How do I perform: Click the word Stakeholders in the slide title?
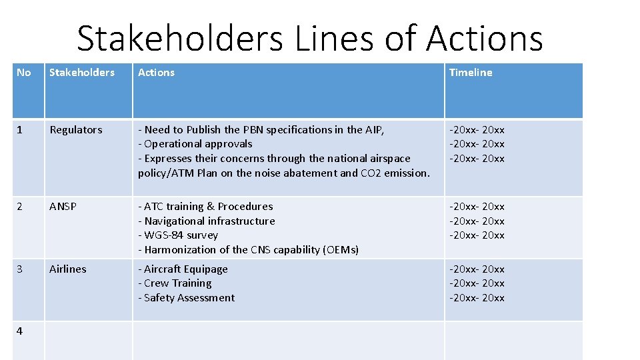coord(180,39)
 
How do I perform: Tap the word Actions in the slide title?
coord(484,39)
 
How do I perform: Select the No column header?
coord(23,73)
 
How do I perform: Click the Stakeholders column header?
coord(82,73)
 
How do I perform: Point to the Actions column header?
coord(156,73)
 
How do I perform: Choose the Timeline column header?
coord(471,73)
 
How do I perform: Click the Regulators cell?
coord(76,130)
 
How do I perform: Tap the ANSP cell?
coord(63,207)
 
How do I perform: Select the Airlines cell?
coord(68,269)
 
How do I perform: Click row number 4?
coord(20,331)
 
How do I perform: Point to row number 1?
coord(19,130)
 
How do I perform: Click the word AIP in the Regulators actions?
coord(373,130)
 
